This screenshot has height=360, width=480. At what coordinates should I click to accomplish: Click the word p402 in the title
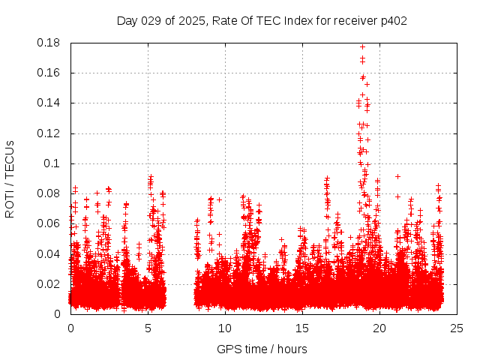point(393,20)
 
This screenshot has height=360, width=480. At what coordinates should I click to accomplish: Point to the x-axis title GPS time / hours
point(262,349)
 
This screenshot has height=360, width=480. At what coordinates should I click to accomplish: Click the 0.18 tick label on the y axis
point(49,43)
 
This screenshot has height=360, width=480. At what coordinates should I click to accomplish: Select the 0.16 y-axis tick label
point(49,73)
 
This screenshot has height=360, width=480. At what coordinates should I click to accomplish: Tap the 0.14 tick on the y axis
point(49,103)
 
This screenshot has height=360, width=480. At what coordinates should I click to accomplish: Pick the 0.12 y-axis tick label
point(49,133)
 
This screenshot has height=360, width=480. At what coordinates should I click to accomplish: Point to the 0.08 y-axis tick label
point(49,193)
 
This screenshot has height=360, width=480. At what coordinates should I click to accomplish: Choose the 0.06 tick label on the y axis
point(49,223)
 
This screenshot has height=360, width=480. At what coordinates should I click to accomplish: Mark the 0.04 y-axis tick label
point(49,253)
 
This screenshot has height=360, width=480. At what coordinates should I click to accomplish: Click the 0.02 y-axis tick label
point(49,283)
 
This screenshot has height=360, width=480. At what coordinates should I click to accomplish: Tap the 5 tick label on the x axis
point(148,328)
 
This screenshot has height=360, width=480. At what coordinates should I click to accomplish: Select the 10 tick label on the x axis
point(225,328)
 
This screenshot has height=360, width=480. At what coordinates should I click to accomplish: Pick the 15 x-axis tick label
point(302,328)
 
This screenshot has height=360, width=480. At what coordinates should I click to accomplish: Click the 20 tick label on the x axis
point(379,328)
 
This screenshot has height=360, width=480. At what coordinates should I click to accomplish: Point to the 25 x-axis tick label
point(457,328)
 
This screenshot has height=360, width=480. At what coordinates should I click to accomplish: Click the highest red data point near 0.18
point(363,46)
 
